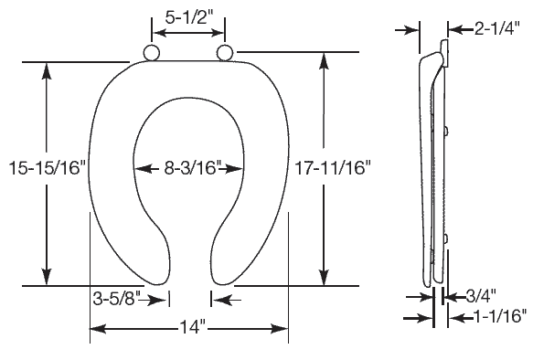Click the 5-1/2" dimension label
coord(188,17)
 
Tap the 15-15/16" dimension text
coord(48,168)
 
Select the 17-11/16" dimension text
coord(333,168)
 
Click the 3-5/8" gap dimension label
coord(116,300)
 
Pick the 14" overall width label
coord(192,328)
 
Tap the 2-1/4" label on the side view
coord(496,28)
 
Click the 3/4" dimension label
coord(480,296)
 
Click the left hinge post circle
coord(151,52)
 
